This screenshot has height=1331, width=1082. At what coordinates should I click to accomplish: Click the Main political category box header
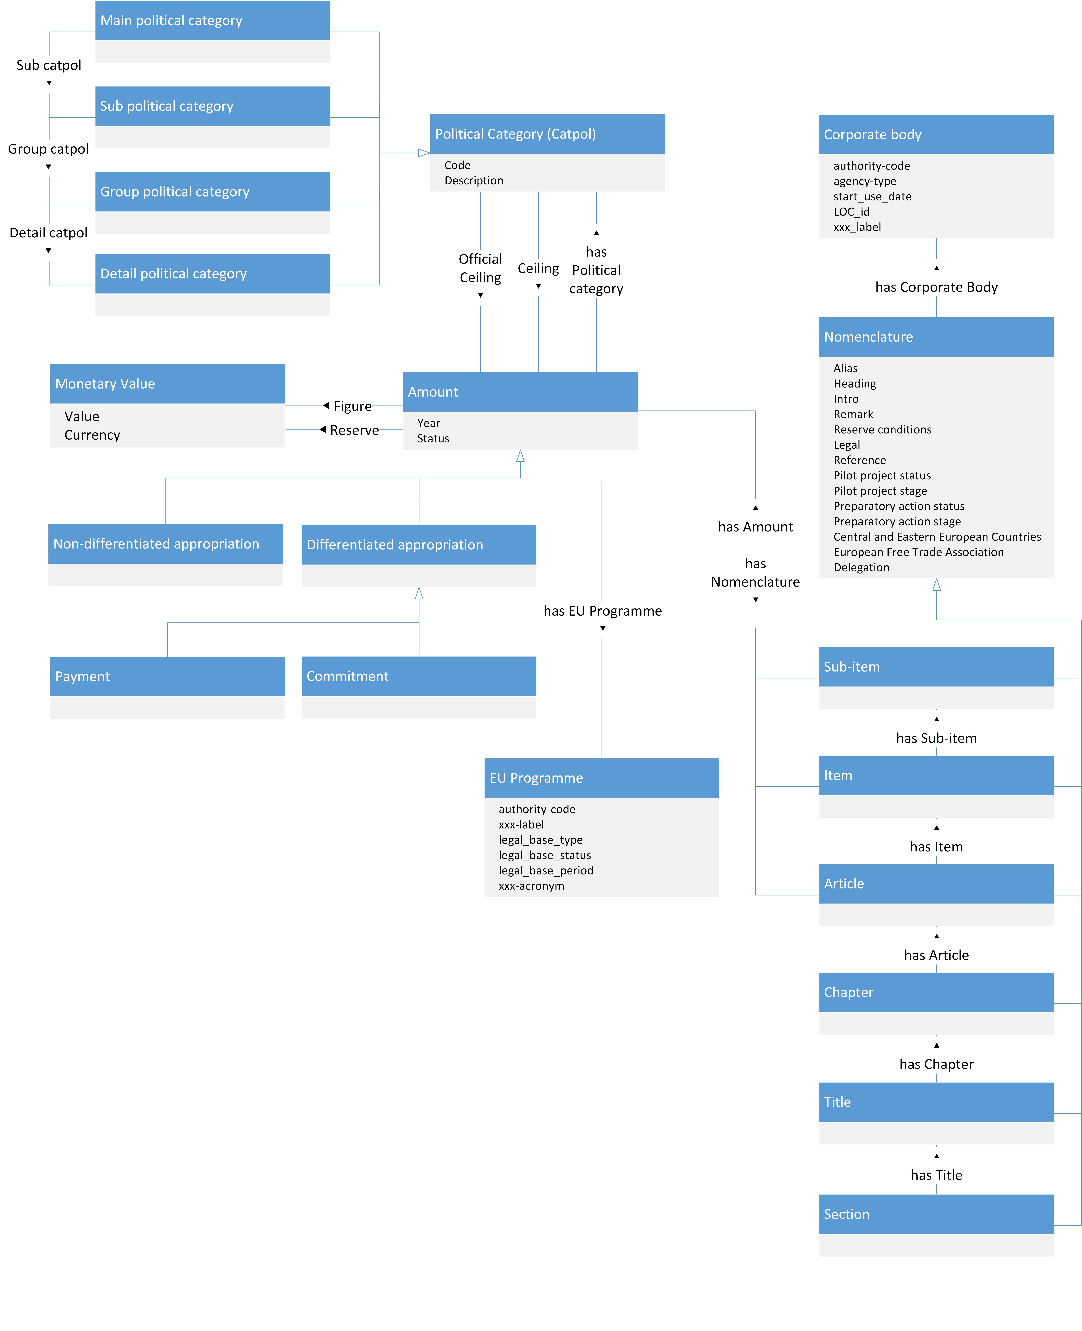(213, 21)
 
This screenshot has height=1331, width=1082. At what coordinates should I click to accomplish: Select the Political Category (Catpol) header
(547, 134)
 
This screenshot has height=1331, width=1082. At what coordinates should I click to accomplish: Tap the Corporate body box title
(936, 134)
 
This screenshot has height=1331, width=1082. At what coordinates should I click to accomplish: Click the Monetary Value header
(167, 384)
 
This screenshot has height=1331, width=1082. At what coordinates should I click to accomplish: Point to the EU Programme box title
(601, 778)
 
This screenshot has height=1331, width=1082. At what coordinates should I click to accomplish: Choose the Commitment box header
(419, 676)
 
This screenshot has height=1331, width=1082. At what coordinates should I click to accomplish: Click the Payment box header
(167, 676)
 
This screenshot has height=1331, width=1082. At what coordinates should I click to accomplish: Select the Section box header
(936, 1214)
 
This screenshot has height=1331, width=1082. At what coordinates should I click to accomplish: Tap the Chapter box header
(936, 992)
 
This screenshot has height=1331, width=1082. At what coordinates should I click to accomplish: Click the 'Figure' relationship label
(353, 406)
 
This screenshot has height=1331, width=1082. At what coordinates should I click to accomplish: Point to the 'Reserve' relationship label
(355, 430)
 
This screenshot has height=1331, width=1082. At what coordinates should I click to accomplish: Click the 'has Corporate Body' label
(936, 287)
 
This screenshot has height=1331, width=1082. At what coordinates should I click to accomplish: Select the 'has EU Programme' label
(603, 611)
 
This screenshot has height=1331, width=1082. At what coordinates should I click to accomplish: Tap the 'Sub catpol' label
(49, 65)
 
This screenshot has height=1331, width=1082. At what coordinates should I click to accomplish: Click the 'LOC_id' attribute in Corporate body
(851, 212)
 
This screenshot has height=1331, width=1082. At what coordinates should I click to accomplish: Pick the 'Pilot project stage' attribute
(880, 491)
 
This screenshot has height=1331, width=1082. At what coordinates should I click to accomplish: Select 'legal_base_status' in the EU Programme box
(545, 855)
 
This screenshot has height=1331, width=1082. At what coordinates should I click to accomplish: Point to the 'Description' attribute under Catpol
(474, 181)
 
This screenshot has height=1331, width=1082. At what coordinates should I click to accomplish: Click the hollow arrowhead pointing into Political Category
(424, 153)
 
